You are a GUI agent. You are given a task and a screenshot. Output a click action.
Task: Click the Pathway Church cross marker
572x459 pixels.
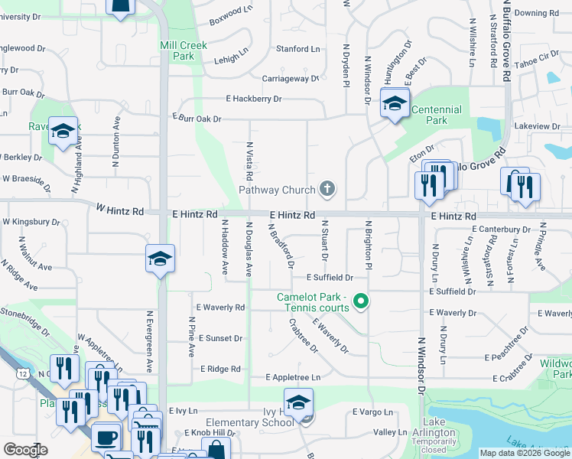(327, 188)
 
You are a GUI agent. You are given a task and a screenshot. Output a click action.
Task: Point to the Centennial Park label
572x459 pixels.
(437, 115)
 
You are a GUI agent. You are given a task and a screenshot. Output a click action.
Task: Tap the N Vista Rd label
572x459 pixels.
(249, 161)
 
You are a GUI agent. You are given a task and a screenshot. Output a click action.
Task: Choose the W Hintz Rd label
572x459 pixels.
(120, 210)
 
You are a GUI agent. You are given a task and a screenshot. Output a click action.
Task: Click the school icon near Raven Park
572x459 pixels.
(63, 131)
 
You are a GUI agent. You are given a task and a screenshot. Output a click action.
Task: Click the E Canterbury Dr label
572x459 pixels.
(501, 229)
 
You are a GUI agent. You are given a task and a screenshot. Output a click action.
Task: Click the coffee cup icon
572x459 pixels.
(106, 437)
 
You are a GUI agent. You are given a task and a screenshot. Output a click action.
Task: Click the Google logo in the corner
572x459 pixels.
(25, 450)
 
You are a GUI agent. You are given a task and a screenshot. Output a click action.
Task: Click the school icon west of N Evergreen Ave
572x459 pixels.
(161, 259)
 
